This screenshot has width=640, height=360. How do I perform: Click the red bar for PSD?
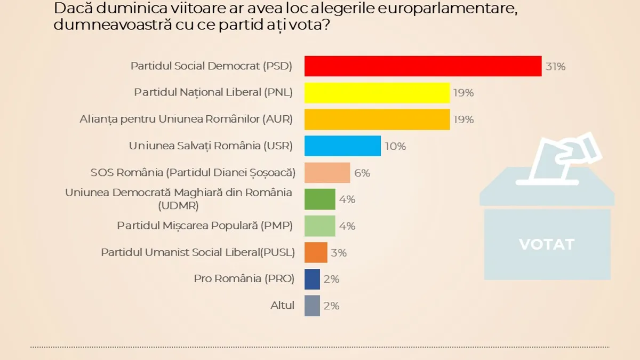423,66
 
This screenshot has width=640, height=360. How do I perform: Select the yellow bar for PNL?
377,93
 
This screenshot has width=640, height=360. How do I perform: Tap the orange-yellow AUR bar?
377,119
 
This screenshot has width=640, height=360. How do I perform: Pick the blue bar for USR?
342,146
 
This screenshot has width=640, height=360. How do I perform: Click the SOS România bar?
327,173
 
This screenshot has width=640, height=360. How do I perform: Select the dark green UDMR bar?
320,199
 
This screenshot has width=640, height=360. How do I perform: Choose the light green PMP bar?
320,226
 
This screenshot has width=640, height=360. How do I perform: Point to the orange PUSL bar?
316,252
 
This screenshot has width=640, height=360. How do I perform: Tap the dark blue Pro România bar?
312,279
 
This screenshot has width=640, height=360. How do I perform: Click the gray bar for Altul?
312,306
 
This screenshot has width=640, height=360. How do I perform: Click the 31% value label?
555,67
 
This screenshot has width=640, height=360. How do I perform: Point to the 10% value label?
395,146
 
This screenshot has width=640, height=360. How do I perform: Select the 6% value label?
362,173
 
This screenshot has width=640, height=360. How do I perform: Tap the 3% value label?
339,253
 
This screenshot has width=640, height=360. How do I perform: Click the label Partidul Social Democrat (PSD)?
212,66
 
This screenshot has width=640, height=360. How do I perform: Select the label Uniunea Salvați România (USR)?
211,146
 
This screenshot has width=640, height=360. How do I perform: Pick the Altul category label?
282,306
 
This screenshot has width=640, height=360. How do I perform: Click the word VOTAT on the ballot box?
547,244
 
